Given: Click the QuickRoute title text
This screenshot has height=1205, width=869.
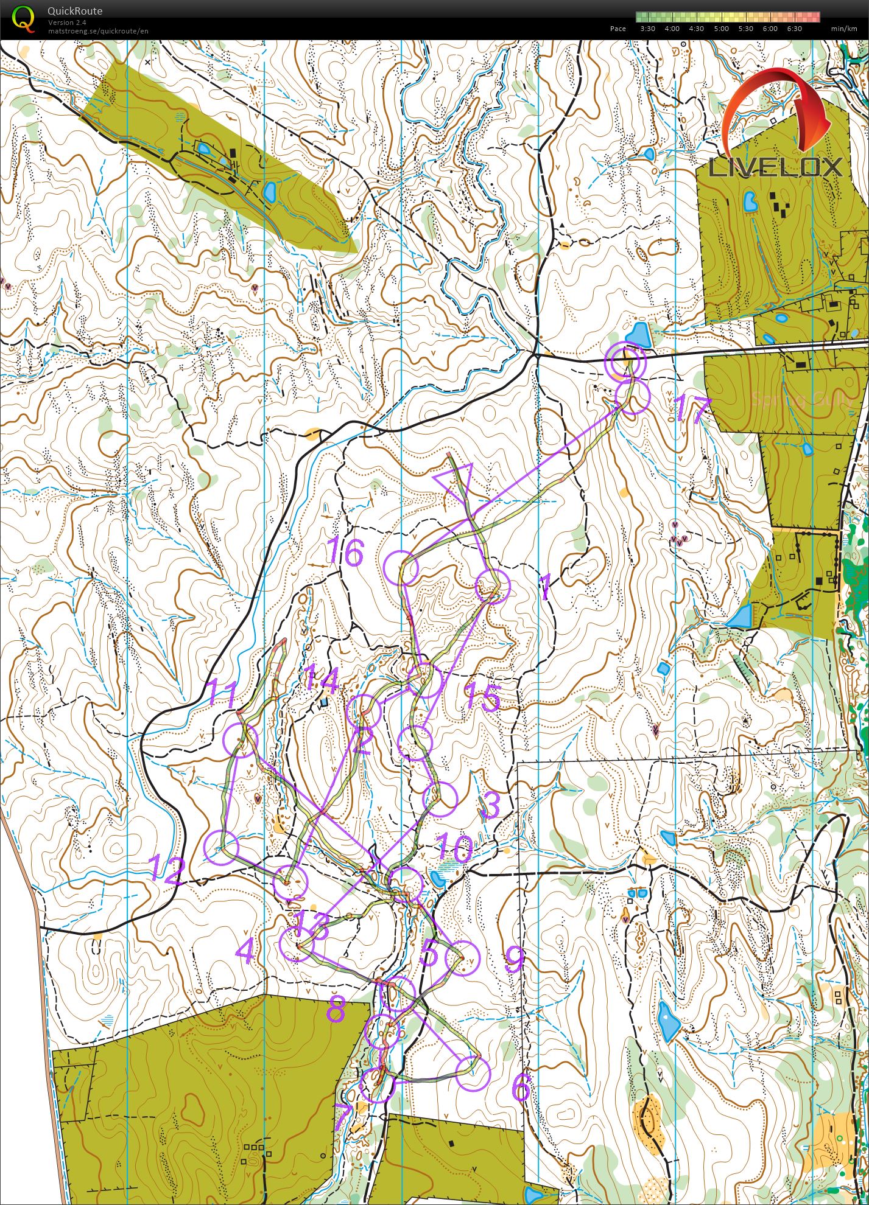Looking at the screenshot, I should point(74,11).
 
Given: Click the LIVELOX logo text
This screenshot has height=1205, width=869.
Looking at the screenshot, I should point(776,167).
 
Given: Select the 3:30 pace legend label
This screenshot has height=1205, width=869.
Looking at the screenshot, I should point(647,29).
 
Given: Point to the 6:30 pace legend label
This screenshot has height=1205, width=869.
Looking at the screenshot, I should point(794,29).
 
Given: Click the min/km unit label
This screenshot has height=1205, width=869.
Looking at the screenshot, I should point(843,29).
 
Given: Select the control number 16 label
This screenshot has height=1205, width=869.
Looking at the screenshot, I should point(345,553).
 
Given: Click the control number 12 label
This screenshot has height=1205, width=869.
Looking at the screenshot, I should point(166,871).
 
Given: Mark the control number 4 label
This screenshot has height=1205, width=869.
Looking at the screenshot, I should point(244,951).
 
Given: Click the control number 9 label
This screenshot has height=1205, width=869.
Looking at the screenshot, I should point(515,960).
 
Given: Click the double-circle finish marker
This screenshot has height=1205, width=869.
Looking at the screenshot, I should point(625,361).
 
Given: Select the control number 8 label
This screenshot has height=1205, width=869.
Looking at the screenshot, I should point(336,1010).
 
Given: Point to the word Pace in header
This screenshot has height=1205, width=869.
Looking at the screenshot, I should point(617,29).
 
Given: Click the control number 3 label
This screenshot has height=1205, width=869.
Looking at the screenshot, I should point(490,805).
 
